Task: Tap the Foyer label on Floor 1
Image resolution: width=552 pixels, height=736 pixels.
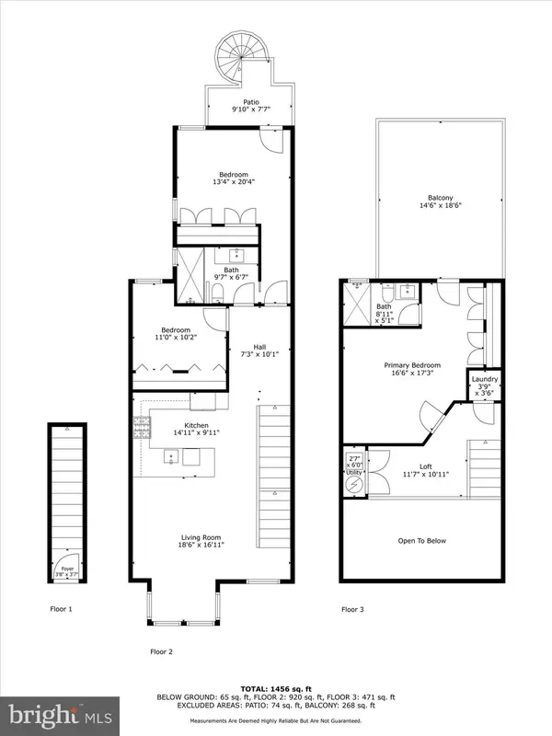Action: coord(67,568)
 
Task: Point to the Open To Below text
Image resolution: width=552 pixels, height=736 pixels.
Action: coord(423,540)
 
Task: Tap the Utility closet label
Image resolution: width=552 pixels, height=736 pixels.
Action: coord(354,471)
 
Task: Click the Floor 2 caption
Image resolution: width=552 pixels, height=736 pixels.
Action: coord(162,651)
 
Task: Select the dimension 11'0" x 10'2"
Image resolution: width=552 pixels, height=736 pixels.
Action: coord(176,338)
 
